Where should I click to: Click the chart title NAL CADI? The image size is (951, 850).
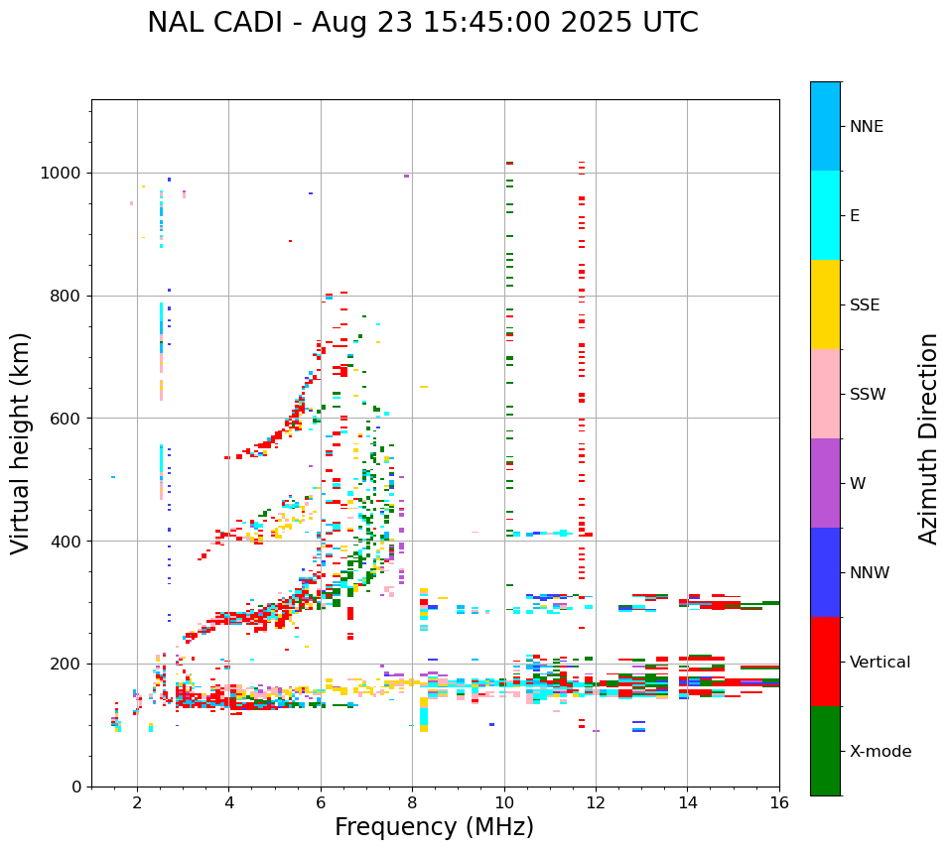point(422,23)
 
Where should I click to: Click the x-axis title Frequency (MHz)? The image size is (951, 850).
point(434,827)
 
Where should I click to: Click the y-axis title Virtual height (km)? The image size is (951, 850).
point(21,442)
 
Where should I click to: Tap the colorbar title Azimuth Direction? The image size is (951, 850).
point(928,438)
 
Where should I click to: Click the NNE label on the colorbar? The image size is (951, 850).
point(866,127)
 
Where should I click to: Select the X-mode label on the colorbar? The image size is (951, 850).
point(880,752)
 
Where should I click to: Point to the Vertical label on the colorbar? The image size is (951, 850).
point(880,663)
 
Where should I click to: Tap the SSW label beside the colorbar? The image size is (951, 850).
point(868,395)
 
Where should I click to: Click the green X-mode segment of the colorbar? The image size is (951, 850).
point(825,751)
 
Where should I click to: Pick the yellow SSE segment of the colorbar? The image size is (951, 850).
point(825,304)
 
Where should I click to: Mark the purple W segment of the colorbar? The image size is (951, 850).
point(825,483)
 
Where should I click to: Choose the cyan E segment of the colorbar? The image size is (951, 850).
point(825,215)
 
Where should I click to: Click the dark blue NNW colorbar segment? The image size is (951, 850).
point(825,572)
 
